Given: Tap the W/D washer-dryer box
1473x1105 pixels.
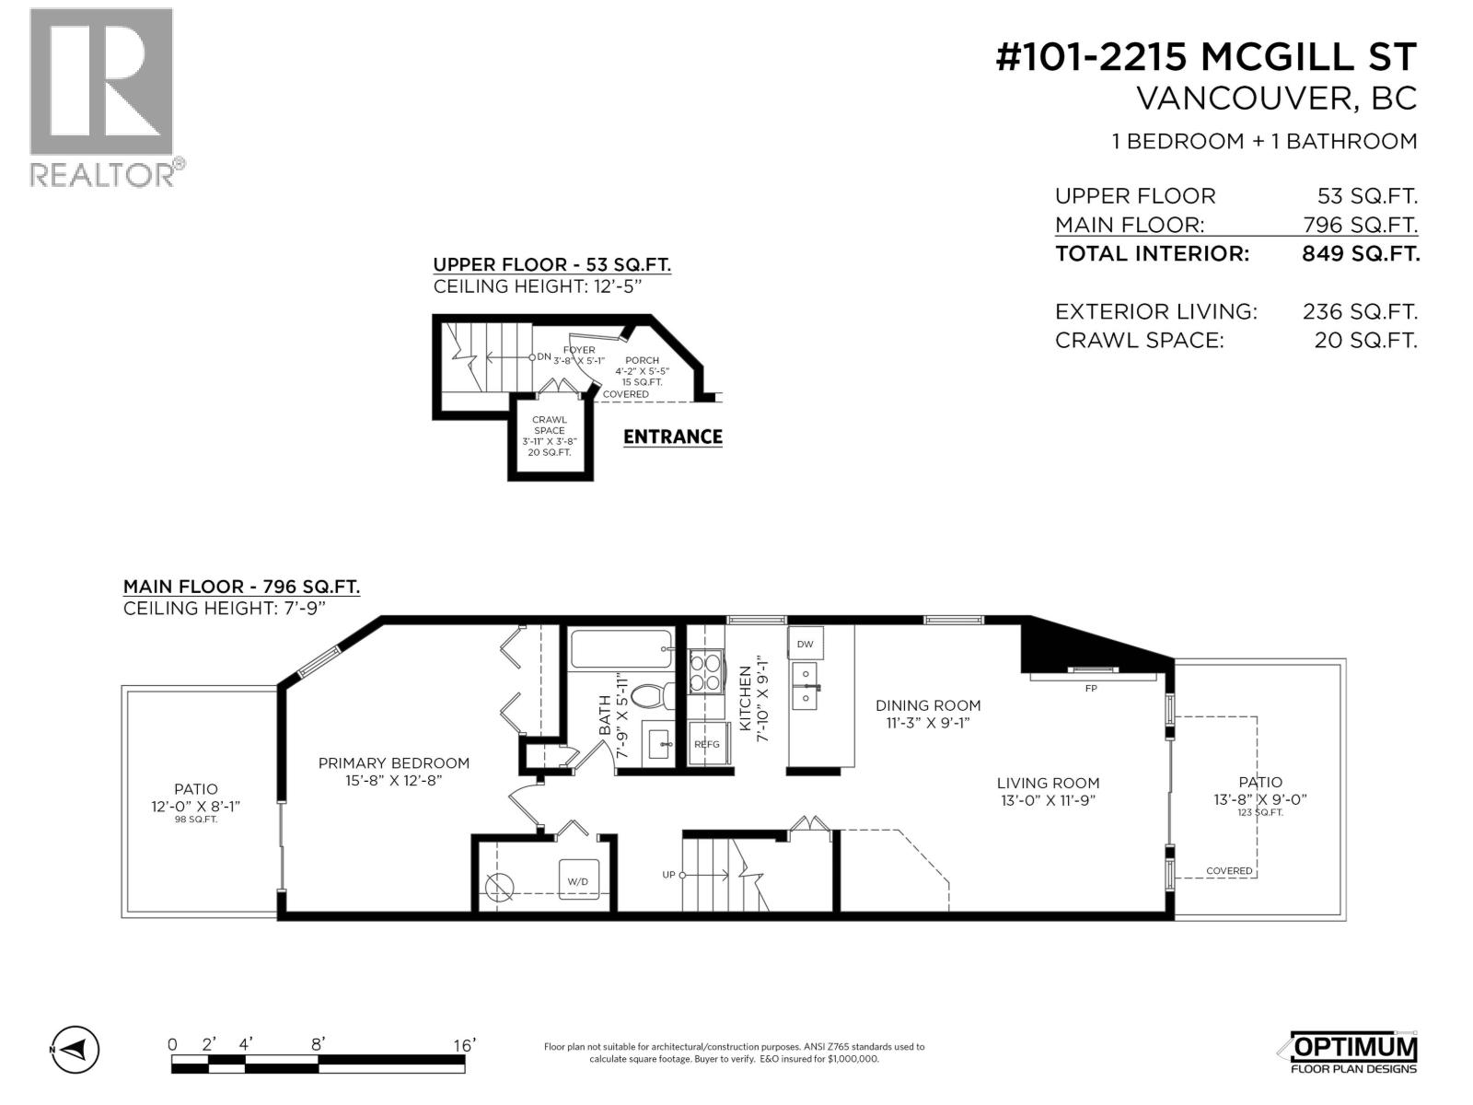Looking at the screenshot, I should coord(578,880).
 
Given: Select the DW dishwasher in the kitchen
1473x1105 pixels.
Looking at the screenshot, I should coord(805,644).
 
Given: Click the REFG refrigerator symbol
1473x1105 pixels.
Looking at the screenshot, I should coord(707,744).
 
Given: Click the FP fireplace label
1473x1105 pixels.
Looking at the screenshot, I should coord(1091,688).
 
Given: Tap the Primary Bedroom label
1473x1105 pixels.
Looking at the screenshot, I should coord(393,763).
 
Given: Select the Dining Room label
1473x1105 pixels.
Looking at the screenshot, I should coord(927,705).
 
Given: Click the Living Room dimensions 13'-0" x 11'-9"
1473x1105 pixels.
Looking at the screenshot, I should coord(1048,800).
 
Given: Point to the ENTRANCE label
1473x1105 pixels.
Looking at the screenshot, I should coord(672,436).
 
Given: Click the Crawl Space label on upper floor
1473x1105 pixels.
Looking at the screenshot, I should coord(550,425).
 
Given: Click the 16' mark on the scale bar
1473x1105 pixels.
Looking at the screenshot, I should coord(464,1044).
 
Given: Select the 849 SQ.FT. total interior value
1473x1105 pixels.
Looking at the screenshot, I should coord(1360,254).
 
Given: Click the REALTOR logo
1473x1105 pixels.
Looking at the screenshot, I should coord(101,97).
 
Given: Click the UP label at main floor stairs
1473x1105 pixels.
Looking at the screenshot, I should coord(668,874).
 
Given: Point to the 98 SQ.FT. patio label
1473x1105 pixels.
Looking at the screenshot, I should coord(196,819).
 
